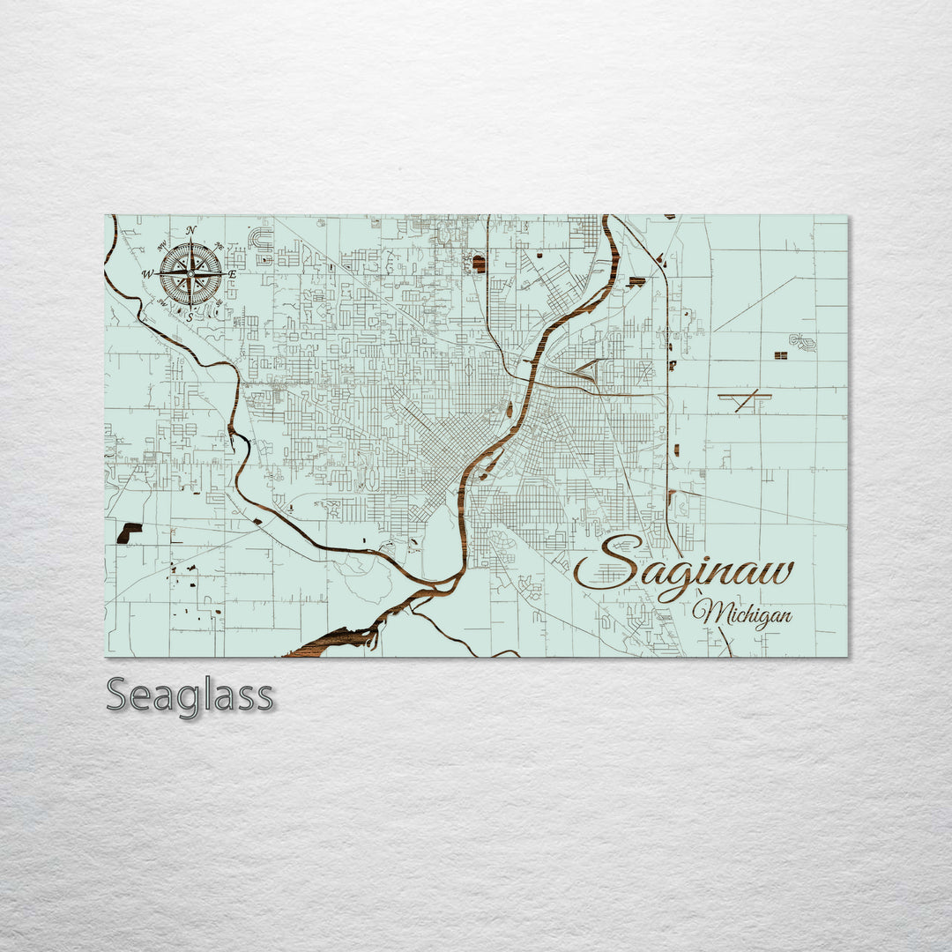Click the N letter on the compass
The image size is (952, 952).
click(x=191, y=231)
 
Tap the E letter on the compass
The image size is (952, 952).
click(x=233, y=275)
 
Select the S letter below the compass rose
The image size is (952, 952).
click(x=190, y=317)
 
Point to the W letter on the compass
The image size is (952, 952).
click(x=148, y=275)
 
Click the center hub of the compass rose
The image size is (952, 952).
click(x=190, y=273)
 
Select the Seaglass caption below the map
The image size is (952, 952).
click(x=190, y=695)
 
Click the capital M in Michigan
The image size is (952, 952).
click(x=707, y=611)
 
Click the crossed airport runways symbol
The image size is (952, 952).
click(x=746, y=400)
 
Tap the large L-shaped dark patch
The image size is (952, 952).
click(x=129, y=532)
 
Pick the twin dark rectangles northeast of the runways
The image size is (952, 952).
click(x=780, y=355)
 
